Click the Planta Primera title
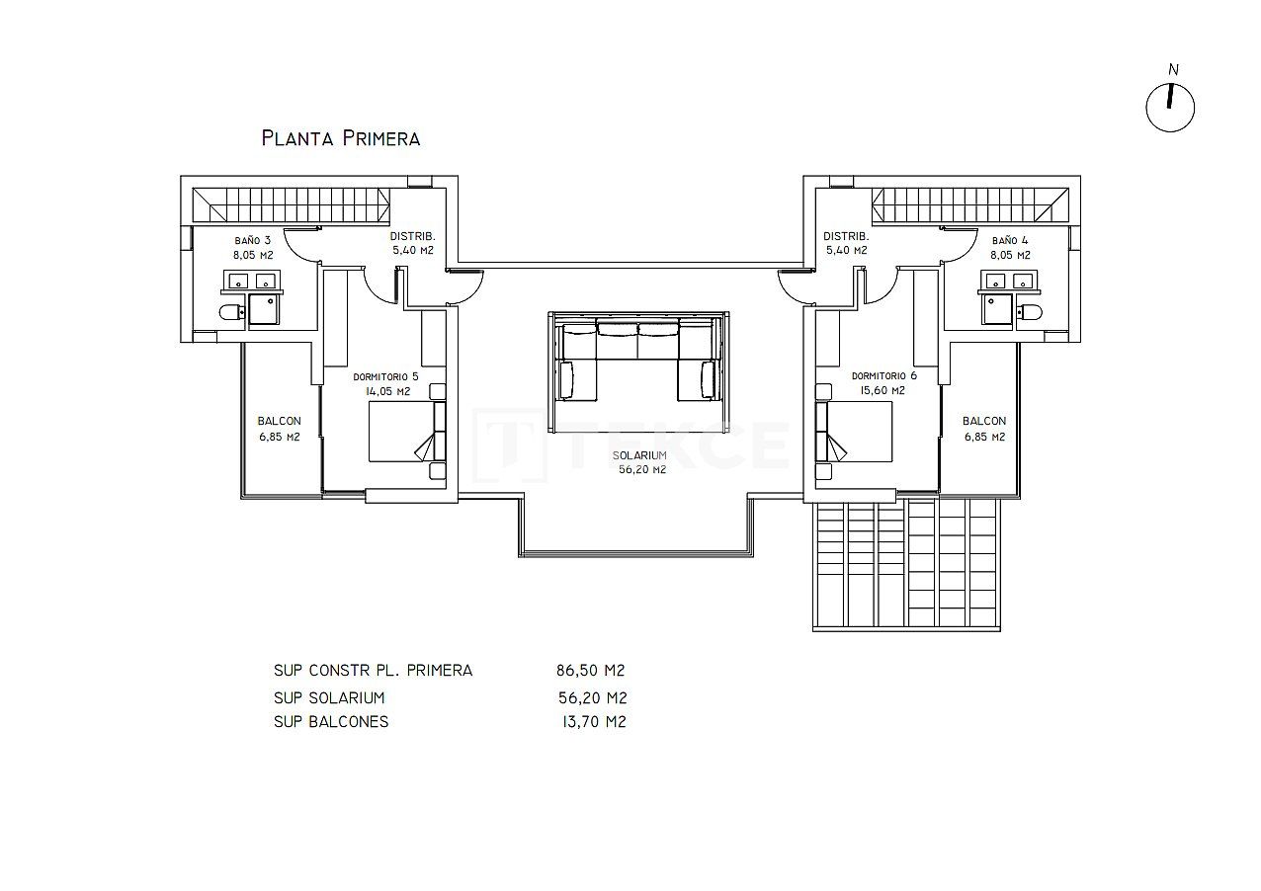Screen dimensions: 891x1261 (341, 138)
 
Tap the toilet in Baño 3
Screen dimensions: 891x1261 (230, 313)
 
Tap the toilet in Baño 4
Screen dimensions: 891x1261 (1031, 313)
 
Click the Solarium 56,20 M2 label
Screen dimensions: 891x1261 (638, 462)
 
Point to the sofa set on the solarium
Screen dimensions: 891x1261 (638, 358)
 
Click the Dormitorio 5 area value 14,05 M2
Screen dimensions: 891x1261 (388, 391)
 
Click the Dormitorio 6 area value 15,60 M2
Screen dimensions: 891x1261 (883, 391)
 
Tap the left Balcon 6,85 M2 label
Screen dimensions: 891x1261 (279, 429)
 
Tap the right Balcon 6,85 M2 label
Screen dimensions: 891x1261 (983, 429)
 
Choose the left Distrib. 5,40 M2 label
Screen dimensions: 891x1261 (413, 243)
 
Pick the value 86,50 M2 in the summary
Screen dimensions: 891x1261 (591, 671)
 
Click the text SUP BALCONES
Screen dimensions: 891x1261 (331, 722)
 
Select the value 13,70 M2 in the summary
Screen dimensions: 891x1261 (592, 722)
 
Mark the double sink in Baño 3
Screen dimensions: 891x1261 (252, 283)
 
